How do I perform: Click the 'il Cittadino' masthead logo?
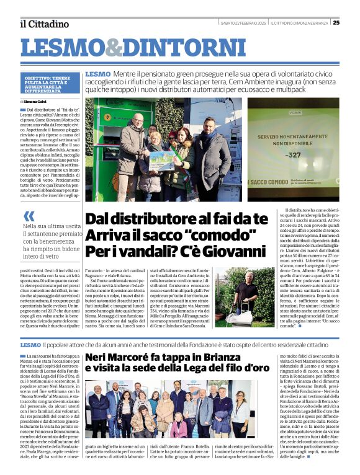[44, 24]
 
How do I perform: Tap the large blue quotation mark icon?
[29, 216]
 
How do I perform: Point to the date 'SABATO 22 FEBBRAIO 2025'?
[243, 23]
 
